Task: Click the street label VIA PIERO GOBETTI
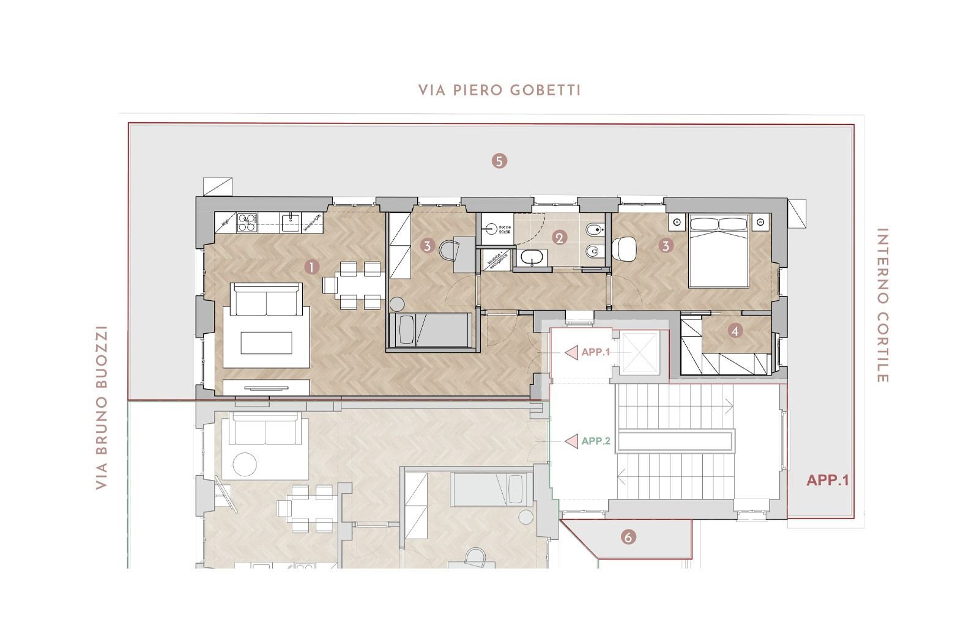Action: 499,90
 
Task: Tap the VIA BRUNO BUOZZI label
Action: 102,408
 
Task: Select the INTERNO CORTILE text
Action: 882,306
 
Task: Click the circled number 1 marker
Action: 312,267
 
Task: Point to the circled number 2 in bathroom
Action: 559,238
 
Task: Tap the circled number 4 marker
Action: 735,331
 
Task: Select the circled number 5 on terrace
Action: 499,161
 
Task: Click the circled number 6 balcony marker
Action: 628,537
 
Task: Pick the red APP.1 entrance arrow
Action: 571,352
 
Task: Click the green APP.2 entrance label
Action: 596,441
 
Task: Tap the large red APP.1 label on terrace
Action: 827,480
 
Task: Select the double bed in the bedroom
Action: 718,251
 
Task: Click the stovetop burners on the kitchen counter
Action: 247,223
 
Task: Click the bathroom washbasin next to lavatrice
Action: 530,259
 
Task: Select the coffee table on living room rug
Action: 266,342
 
